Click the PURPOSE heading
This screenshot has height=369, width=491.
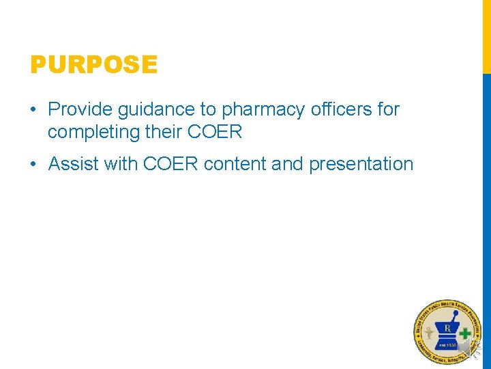tap(93, 65)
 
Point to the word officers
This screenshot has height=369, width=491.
tap(340, 109)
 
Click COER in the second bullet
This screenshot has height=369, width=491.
tap(171, 165)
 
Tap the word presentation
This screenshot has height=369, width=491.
tap(361, 165)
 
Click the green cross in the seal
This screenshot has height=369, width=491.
tap(465, 334)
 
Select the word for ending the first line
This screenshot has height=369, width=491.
tap(387, 109)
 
